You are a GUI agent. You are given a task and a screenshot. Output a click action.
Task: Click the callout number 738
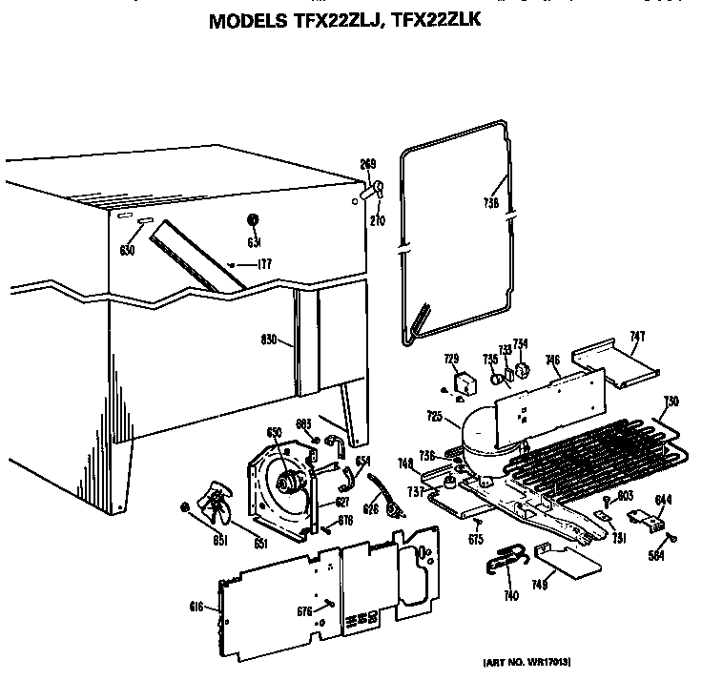point(491,203)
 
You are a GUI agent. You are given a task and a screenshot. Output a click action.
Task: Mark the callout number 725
point(434,416)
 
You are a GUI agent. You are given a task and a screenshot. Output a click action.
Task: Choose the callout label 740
point(511,596)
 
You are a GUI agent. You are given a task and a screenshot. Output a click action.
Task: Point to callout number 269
point(367,163)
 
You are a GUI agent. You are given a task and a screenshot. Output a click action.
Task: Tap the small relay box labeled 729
point(465,384)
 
